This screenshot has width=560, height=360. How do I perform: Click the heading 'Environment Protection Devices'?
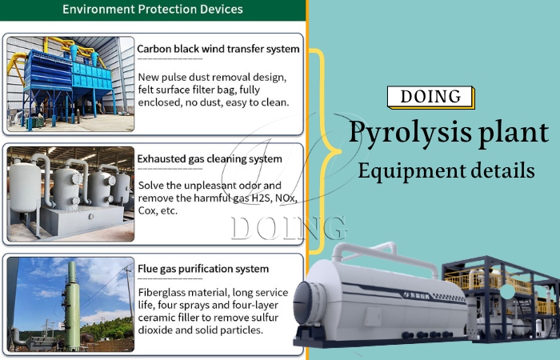pos(152,10)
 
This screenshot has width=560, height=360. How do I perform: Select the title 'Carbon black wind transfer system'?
pos(218,49)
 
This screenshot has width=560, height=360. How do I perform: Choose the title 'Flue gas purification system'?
pos(202,269)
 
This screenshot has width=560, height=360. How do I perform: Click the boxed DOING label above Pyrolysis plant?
pos(430,97)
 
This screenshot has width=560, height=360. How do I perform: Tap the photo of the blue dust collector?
pos(70,83)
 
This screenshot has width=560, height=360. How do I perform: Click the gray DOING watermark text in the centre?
pos(288,228)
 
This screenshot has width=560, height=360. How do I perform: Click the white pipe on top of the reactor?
pos(384,248)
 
